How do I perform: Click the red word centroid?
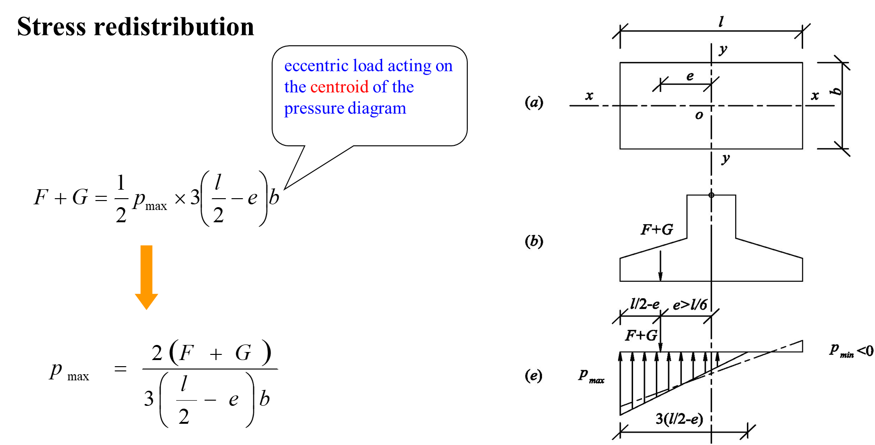[339, 87]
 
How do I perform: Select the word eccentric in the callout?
[316, 66]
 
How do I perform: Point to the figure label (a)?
[534, 102]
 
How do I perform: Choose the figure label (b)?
[534, 241]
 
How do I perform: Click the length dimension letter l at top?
[721, 22]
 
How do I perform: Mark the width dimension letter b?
[836, 91]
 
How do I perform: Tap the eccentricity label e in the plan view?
[690, 76]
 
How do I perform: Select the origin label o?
[699, 115]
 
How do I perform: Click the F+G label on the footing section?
[657, 229]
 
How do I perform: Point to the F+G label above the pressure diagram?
[641, 335]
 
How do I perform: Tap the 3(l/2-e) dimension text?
[679, 419]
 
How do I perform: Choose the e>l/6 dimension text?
[690, 305]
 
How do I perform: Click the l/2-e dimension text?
[644, 304]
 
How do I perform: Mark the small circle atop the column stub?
[711, 195]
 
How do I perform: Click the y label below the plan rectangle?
[726, 159]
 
